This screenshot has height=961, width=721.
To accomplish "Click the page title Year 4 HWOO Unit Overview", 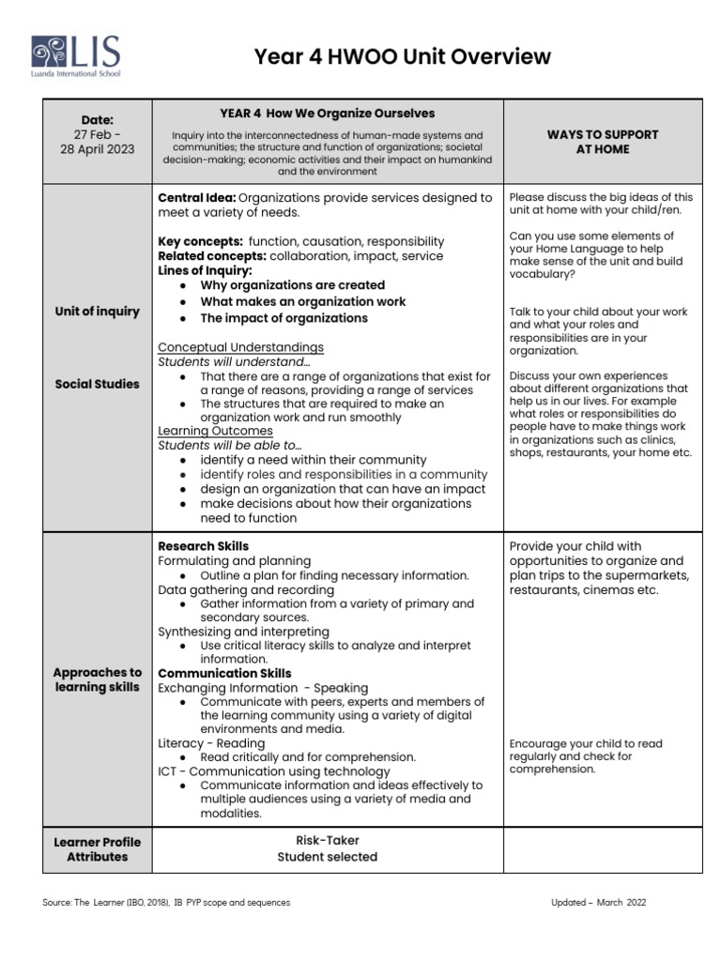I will pos(402,57).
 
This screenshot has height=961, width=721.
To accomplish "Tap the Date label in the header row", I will pos(97,119).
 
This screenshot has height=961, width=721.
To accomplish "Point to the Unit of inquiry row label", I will pos(97,312).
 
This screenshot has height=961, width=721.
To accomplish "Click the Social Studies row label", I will pos(97,384).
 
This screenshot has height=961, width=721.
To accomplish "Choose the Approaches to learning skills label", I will pos(97,679).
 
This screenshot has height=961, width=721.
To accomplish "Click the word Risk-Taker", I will pos(327,840).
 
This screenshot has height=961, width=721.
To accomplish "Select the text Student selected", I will pos(327,857).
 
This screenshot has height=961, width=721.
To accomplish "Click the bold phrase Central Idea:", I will pos(197,198).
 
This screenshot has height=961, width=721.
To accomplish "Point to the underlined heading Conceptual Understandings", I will pos(240,347).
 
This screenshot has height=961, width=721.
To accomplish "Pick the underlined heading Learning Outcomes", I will pos(215,431).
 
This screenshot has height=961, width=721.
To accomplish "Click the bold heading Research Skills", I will pos(203,545).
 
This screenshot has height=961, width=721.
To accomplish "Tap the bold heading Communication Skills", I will pos(224,673).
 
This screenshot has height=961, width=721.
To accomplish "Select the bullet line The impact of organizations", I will pos(284,318).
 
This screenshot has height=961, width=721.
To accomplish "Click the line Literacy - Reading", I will pos(211,743).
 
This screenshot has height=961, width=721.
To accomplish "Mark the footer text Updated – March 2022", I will pos(598,903).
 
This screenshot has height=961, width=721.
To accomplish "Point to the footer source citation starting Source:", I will pos(166,903).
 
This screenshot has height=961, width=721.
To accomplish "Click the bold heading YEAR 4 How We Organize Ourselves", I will pos(327,114).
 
